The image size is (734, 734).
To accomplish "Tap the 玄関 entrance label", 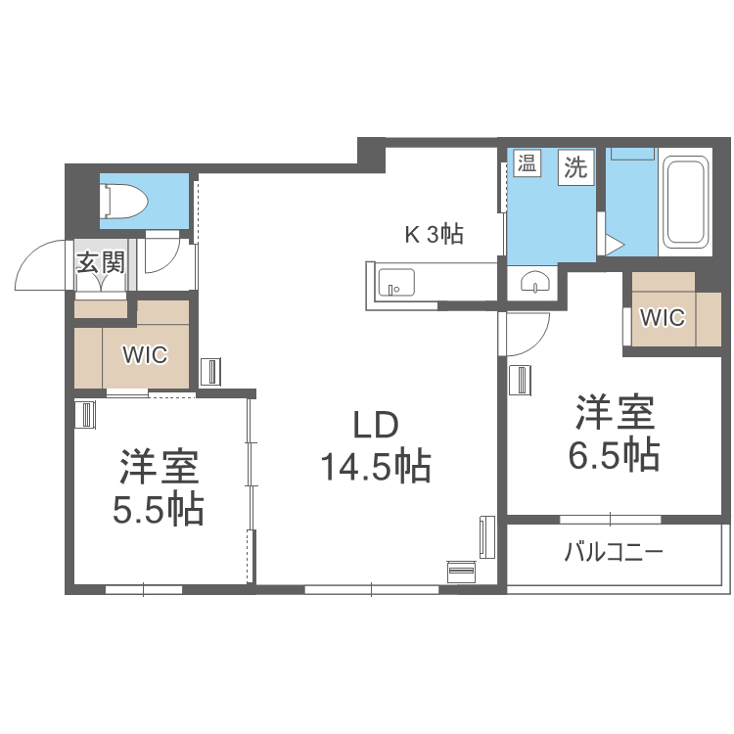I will coord(102,262).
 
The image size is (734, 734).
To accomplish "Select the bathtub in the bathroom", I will coord(684,203).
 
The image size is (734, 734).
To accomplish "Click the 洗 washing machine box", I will coord(576,166).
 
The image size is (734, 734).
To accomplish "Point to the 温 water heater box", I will coord(528,163).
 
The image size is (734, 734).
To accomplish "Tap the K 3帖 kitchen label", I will coord(435,235).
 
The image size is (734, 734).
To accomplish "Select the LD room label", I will coord(375,426).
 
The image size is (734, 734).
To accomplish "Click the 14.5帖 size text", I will coord(376,468).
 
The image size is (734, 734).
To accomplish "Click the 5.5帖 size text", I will coord(159,510).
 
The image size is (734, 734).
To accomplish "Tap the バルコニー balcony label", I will coord(614,553).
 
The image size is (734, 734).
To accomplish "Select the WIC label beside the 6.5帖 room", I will coord(663,317).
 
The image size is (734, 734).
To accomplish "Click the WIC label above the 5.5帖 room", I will coord(145,354).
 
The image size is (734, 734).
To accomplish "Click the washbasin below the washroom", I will coord(534,284).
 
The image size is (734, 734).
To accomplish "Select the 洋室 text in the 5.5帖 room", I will coord(160,468).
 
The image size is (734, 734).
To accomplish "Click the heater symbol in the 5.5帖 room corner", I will coord(85,415).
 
